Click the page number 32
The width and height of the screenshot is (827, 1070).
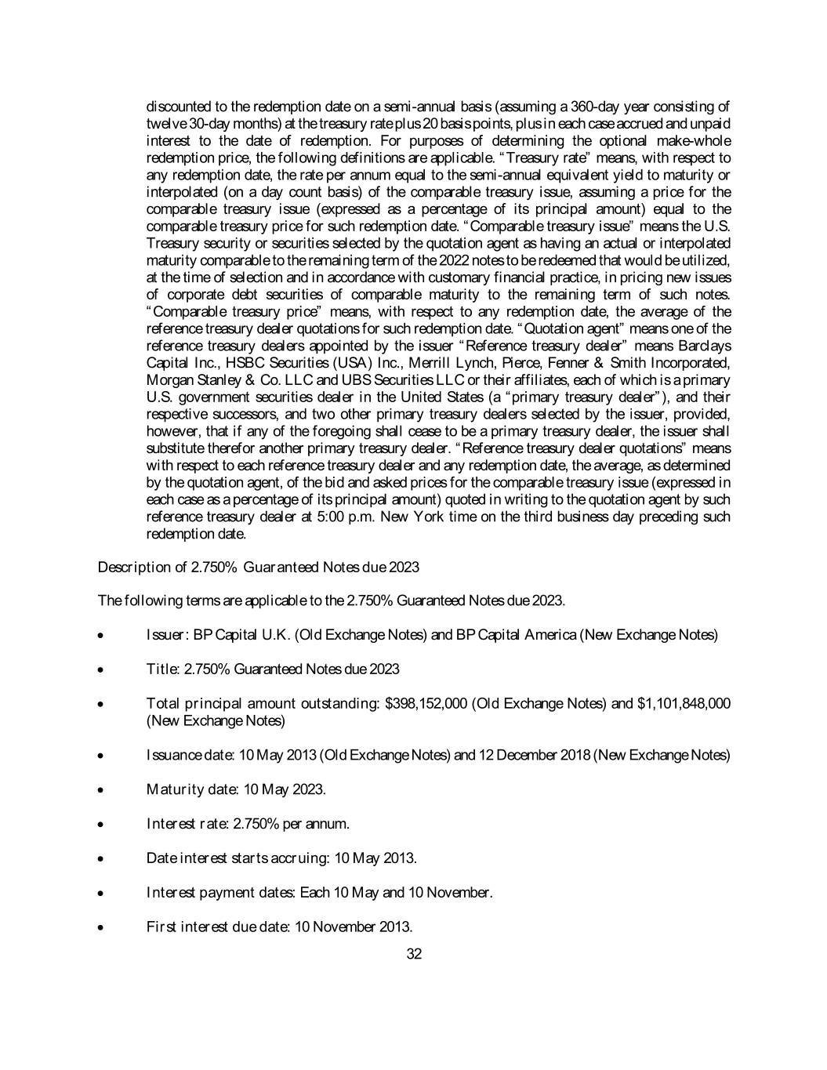point(414,954)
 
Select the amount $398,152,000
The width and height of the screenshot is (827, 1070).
point(428,703)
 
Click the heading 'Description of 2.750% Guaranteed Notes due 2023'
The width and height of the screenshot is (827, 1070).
point(258,567)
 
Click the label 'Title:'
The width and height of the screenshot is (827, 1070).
point(163,669)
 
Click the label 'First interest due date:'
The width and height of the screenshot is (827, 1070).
point(219,927)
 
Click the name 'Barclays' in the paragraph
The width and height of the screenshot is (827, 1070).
point(704,346)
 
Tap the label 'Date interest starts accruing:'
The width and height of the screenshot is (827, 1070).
point(238,858)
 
